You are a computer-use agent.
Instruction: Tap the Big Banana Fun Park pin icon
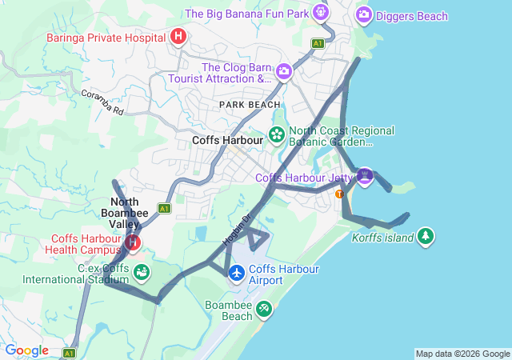click(x=320, y=13)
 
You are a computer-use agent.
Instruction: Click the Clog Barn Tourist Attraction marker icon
click(x=283, y=73)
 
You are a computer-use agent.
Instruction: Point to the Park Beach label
click(x=250, y=105)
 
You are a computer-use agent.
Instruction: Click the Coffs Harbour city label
click(x=228, y=140)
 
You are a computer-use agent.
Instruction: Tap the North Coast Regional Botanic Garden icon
click(x=277, y=134)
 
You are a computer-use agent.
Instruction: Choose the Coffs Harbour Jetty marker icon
click(x=365, y=176)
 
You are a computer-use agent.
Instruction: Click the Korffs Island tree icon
click(x=426, y=237)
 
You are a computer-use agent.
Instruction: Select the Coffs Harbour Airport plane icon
click(x=237, y=274)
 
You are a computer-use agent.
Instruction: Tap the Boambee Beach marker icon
click(x=263, y=309)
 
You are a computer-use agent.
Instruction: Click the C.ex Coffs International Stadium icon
click(x=141, y=273)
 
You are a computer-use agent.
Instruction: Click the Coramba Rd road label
click(x=102, y=102)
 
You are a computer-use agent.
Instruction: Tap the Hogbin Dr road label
click(x=237, y=228)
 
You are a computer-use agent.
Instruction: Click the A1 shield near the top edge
click(x=318, y=43)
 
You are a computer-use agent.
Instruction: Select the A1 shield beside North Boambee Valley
click(x=164, y=208)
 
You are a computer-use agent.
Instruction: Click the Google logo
click(x=26, y=350)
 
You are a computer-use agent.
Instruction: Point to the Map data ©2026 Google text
click(x=462, y=354)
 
